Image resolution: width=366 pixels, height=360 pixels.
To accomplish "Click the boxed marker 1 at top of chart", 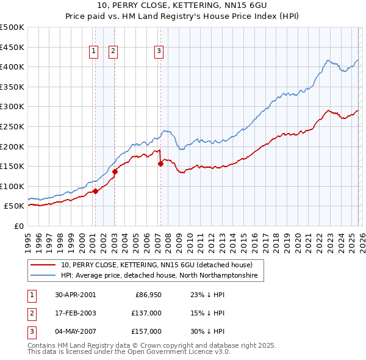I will coord(94,52).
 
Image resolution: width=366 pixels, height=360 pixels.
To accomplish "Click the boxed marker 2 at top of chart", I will coord(113,52).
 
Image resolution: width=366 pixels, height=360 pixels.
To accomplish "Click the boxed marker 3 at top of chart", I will coord(159,52).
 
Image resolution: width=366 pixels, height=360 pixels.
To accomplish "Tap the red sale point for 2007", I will coord(160,164).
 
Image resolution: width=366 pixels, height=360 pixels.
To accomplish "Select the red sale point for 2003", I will coord(115,171).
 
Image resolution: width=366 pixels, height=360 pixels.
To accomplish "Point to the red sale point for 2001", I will coord(95,192).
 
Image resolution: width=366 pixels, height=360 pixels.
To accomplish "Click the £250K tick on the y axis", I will coord(12,126).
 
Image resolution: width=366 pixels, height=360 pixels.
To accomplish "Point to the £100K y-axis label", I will coord(12,186).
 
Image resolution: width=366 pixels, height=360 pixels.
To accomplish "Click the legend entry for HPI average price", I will coord(159,276).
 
